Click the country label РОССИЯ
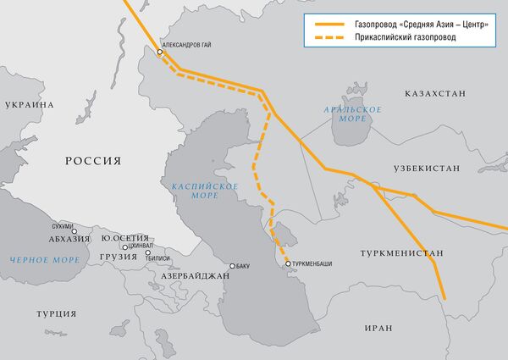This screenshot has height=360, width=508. coord(94,160)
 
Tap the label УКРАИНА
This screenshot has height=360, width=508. coord(29,105)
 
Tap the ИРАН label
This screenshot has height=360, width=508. coord(374,327)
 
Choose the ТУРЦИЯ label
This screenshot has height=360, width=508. coord(57,313)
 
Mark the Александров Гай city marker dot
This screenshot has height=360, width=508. coord(159,53)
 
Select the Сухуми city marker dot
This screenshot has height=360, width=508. coord(74,230)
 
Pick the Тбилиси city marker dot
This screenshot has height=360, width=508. coord(147,252)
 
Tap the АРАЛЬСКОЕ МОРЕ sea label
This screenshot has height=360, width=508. coord(352,114)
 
